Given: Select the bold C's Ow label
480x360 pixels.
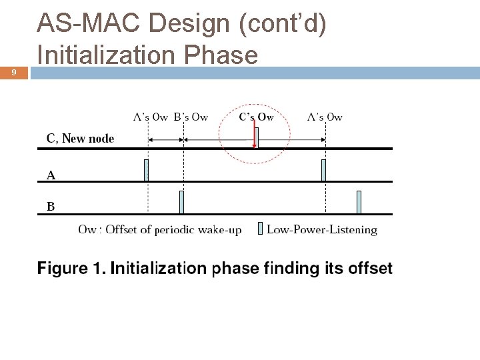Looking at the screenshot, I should coord(257,117).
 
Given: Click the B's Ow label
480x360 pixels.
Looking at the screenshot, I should coord(191,117).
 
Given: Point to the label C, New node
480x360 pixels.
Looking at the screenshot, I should coord(80,139).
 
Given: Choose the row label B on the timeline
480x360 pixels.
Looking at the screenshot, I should coord(51,207).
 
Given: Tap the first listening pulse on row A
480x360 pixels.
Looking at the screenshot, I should coord(147,171).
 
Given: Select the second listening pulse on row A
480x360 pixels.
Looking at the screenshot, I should coord(324,171).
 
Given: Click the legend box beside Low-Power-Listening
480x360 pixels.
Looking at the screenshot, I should coord(260,230).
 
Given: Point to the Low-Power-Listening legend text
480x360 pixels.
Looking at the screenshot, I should coord(321,230).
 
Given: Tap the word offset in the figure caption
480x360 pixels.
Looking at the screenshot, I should coord(368,269).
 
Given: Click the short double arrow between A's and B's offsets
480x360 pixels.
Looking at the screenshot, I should coord(165,140).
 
